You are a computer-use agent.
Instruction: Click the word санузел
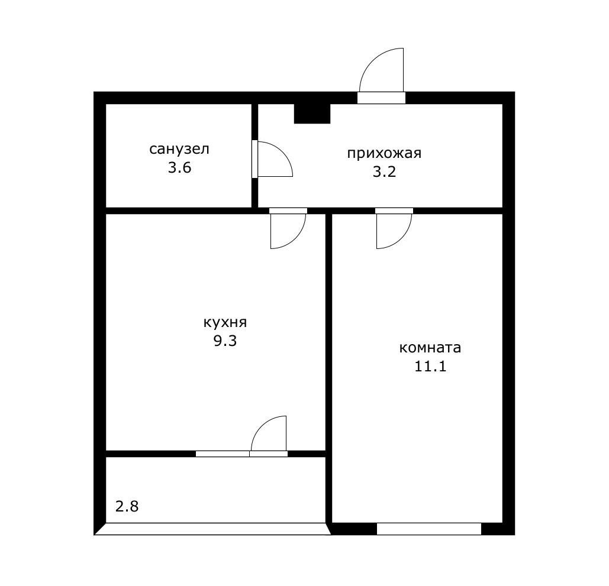(179, 149)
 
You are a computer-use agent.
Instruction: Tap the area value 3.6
(179, 168)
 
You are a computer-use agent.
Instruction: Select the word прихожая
(384, 153)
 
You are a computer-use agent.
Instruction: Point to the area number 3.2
(384, 171)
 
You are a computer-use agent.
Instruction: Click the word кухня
(225, 322)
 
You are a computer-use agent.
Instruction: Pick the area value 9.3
(225, 341)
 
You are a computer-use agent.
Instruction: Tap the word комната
(430, 348)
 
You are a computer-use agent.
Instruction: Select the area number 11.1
(430, 367)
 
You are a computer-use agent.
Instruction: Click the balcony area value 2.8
(127, 506)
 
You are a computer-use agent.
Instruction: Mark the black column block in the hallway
(312, 114)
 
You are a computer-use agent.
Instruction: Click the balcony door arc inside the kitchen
(260, 425)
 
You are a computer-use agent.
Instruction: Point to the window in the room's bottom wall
(428, 529)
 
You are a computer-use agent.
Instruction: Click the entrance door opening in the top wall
(381, 98)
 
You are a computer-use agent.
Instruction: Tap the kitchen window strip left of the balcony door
(223, 454)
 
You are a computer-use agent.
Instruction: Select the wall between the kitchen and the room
(328, 368)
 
